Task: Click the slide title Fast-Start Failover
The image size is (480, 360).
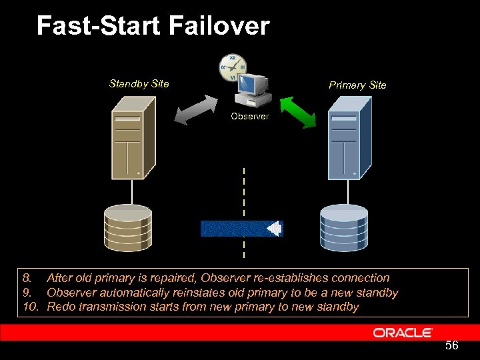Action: point(153,26)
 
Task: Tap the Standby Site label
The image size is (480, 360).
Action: point(139,84)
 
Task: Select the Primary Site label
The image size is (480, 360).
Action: point(357,85)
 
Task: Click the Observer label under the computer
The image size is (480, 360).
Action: point(249,116)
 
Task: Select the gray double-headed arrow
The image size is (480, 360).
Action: point(196,109)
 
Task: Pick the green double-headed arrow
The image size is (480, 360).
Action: point(297,111)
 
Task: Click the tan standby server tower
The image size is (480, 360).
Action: point(132,139)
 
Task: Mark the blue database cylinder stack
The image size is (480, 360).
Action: point(343,227)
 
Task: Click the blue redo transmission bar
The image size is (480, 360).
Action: point(237,229)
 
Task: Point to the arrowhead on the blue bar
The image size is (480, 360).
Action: point(274,229)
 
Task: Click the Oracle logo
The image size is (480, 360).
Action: point(402,332)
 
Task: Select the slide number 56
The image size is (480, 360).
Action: point(451,345)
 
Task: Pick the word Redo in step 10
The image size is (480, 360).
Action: point(61,307)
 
